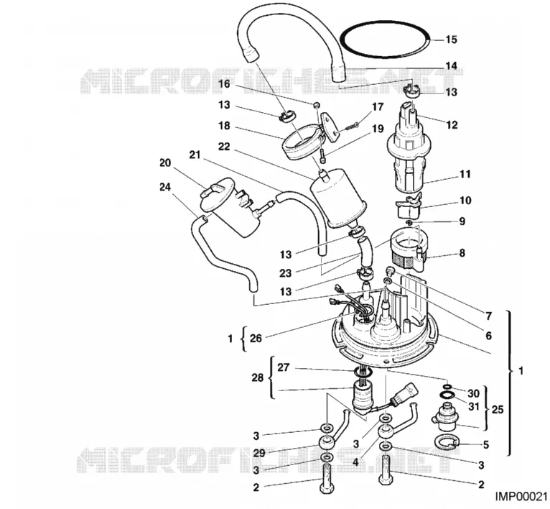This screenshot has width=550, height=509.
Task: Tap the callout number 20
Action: (164, 163)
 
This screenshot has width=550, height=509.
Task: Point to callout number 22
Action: (223, 147)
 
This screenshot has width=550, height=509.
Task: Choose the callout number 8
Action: (462, 253)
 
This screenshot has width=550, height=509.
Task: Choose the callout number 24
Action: (166, 188)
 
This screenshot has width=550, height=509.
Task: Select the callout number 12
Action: (452, 124)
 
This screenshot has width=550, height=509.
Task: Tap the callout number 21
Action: (194, 155)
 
